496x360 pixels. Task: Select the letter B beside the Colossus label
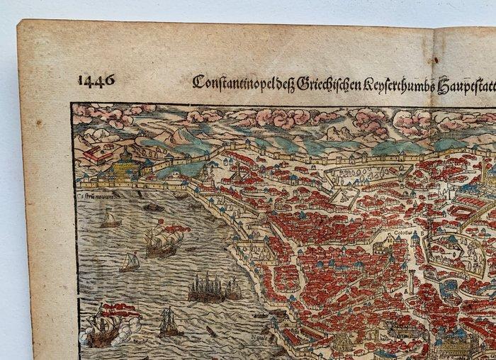tap(424, 231)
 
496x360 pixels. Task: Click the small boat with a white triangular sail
tap(129, 262)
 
